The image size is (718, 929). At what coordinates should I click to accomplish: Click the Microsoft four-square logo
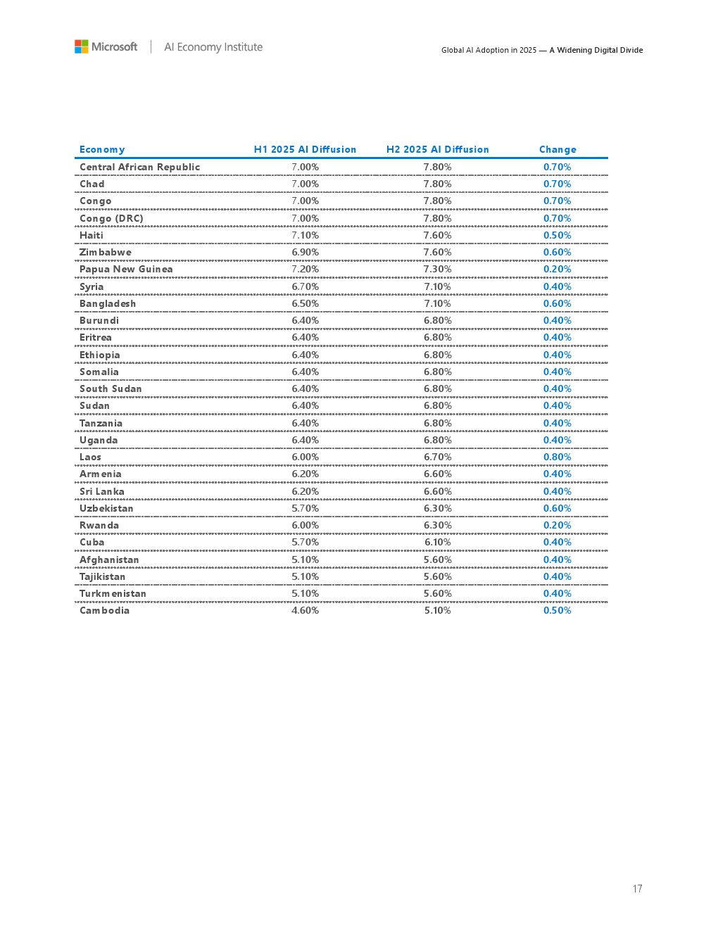82,46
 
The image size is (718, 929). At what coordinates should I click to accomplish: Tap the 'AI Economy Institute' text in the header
213,47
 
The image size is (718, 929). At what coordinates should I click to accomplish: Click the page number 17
637,889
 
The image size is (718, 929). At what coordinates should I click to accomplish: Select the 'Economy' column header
102,149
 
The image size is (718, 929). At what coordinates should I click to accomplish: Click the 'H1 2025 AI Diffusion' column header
305,149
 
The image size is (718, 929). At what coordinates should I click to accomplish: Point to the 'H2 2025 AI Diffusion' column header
437,149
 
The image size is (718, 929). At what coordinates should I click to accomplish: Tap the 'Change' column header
558,149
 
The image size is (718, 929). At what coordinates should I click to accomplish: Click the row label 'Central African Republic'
139,167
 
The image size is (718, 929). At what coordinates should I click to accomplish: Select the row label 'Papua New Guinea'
126,269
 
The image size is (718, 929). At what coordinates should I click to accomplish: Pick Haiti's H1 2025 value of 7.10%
305,235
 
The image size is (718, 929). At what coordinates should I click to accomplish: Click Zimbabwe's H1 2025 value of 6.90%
305,252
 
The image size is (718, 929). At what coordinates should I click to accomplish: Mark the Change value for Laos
557,457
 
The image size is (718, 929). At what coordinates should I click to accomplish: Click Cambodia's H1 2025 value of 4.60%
305,610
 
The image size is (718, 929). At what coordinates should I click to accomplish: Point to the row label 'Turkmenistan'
113,593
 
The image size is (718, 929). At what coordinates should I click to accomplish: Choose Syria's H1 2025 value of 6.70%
305,286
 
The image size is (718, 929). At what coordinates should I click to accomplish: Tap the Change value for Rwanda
557,525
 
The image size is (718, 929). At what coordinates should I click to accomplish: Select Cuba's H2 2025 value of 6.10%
437,542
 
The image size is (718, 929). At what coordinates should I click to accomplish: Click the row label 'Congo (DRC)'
111,218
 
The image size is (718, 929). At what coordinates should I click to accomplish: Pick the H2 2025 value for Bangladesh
437,303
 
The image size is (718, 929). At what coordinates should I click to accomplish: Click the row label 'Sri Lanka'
101,491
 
